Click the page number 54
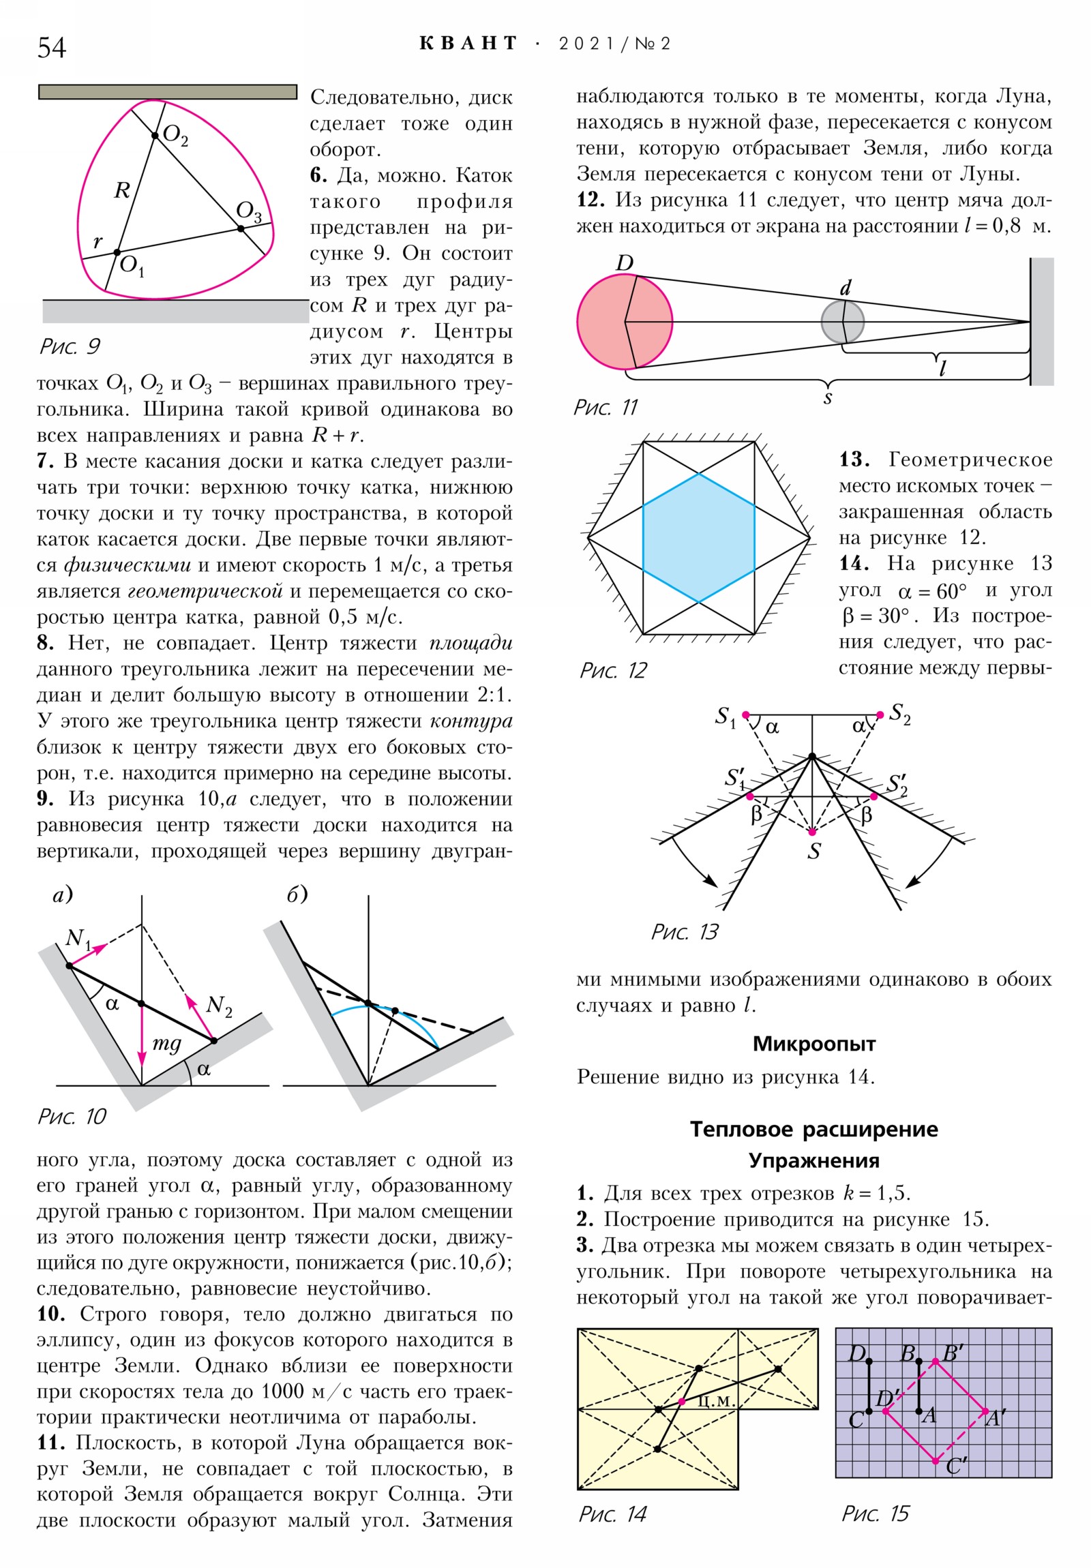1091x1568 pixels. (51, 48)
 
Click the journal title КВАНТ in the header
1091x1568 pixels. (468, 44)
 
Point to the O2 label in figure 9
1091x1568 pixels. (175, 135)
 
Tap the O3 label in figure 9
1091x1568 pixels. (249, 212)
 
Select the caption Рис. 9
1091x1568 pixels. (70, 346)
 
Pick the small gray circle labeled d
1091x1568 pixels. (841, 322)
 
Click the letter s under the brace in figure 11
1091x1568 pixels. (827, 397)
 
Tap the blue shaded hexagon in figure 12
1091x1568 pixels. (698, 537)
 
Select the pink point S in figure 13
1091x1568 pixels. (811, 832)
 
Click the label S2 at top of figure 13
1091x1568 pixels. (899, 714)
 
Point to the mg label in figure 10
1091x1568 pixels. (166, 1043)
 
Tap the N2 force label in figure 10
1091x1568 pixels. (219, 1005)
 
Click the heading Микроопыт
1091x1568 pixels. (813, 1044)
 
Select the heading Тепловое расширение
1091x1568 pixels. (813, 1129)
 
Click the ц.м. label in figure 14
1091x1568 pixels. (715, 1400)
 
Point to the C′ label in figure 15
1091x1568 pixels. (957, 1466)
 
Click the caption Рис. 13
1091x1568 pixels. (685, 932)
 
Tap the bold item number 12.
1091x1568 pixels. (591, 200)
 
